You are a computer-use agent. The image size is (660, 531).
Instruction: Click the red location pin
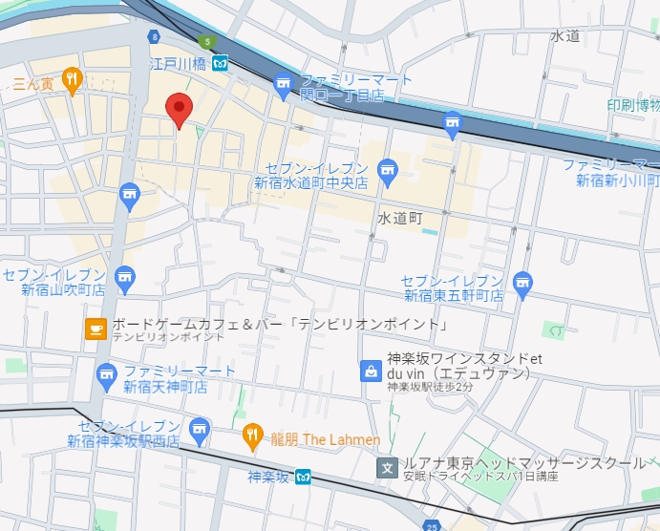point(179,109)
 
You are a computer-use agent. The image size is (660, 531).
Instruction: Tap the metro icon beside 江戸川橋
point(221,64)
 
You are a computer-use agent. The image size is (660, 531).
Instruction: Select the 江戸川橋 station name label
point(180,64)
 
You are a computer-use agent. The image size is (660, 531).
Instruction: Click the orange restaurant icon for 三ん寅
point(72,80)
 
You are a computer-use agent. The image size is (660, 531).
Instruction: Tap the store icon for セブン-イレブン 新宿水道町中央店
point(387,171)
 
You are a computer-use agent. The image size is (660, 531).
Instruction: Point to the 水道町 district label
point(399,219)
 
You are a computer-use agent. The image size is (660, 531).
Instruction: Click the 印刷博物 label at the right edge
point(633,105)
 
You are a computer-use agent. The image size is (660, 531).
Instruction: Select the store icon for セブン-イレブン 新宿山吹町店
point(124,278)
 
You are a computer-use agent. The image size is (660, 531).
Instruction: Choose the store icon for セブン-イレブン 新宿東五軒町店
point(522,282)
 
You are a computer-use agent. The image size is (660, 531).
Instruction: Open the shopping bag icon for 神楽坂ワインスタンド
point(370,371)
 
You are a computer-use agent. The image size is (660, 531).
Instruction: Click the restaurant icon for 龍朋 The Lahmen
point(252,436)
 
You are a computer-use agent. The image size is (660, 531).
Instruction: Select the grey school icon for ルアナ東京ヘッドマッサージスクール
point(387,467)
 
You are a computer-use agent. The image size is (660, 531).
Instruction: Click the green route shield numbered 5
point(207,41)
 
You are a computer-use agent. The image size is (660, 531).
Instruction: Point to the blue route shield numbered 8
point(153,36)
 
